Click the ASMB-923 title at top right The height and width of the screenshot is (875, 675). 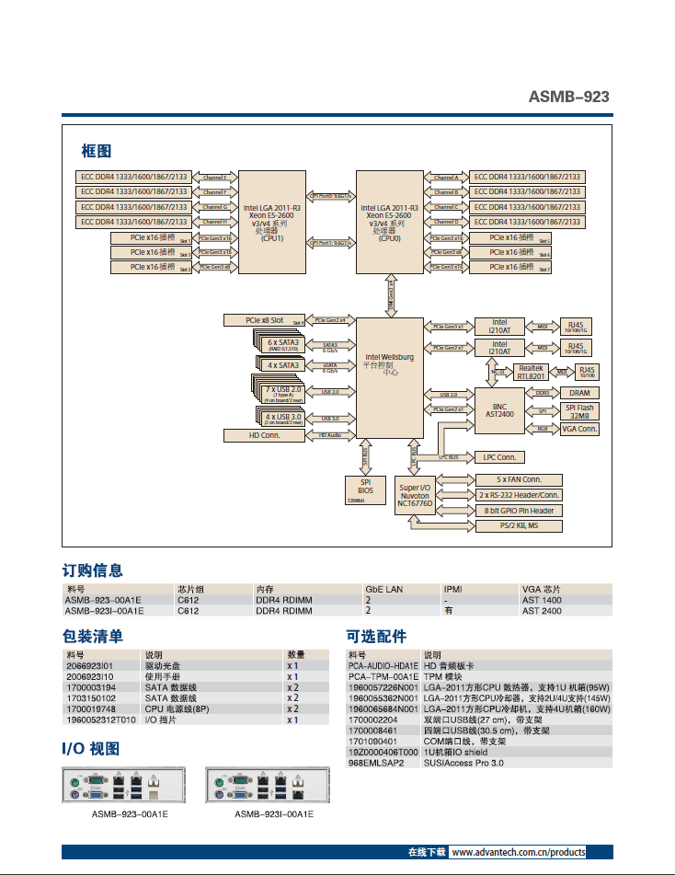click(x=568, y=97)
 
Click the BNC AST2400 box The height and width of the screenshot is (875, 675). click(x=499, y=409)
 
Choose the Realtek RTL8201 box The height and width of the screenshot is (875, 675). click(x=531, y=372)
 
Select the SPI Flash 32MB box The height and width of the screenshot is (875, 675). click(x=579, y=411)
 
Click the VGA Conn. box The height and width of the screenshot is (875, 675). click(x=579, y=429)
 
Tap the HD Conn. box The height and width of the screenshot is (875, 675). click(x=264, y=434)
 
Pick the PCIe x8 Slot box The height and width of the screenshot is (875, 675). click(x=264, y=320)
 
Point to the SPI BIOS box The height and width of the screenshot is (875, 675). click(x=365, y=489)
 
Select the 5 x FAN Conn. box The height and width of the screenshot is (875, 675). click(x=519, y=479)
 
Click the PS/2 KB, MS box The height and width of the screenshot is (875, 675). click(x=519, y=526)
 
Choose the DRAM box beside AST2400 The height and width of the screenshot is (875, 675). click(x=579, y=393)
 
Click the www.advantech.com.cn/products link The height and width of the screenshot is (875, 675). click(x=518, y=853)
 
